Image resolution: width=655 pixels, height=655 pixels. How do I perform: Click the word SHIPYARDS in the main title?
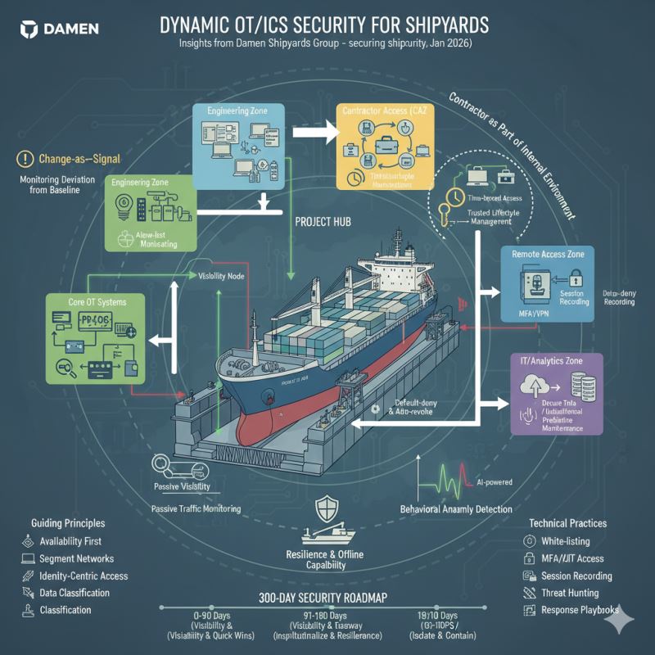point(435,25)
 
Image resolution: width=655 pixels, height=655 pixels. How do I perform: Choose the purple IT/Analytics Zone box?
point(557,393)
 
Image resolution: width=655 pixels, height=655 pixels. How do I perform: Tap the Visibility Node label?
point(224,276)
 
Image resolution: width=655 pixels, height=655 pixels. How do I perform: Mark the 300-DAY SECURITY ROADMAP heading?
point(327,596)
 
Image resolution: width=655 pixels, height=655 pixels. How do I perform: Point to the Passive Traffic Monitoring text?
point(196,508)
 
